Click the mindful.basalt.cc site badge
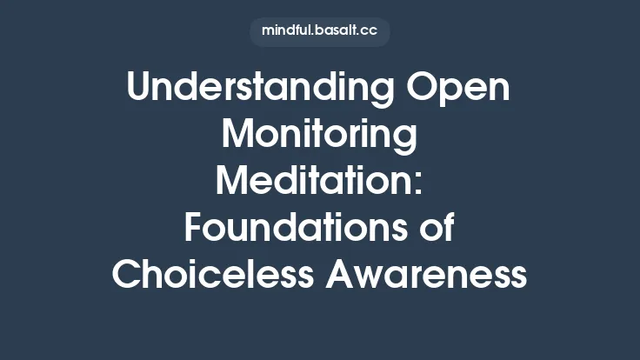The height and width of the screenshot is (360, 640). click(x=320, y=31)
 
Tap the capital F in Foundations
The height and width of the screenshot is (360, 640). click(x=194, y=229)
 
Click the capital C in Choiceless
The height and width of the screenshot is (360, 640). click(x=127, y=275)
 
